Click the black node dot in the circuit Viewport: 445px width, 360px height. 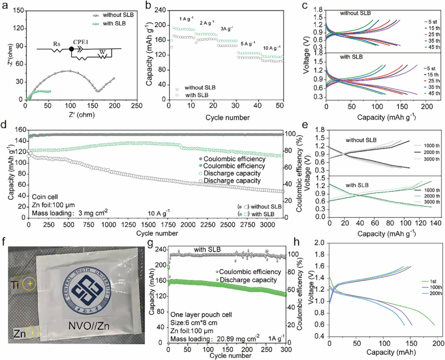(x=71, y=49)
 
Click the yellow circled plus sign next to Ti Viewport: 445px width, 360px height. (x=30, y=283)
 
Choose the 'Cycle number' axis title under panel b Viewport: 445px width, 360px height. (x=228, y=117)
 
